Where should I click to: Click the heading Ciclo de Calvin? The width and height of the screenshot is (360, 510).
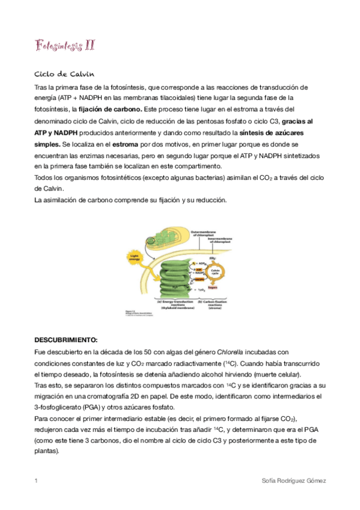click(x=64, y=74)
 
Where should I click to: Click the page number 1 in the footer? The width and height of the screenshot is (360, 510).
click(x=36, y=481)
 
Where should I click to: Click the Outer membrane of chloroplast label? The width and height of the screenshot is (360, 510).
click(x=206, y=232)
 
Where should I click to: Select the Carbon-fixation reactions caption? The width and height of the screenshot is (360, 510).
click(x=212, y=304)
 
